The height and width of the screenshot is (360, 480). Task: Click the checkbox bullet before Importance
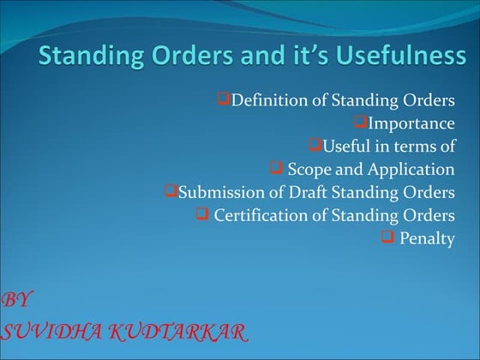(360, 123)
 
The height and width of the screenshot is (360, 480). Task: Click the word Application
(408, 170)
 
